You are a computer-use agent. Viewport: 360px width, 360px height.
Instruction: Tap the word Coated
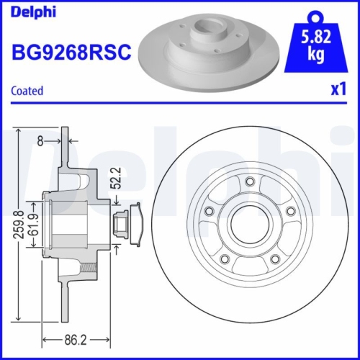coord(27,91)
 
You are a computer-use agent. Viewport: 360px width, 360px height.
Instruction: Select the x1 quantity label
coord(336,91)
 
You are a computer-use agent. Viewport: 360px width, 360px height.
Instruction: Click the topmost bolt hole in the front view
coord(249,181)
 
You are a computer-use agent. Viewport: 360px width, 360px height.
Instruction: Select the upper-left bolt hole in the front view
coord(209,211)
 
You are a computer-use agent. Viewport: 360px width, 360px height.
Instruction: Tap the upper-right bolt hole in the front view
coord(290,211)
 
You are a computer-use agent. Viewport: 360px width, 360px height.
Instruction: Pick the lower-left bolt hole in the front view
coord(224,258)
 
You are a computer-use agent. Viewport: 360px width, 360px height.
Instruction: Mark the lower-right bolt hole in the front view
coord(274,258)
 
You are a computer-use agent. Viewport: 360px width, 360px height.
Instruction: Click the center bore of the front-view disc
coord(249,225)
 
